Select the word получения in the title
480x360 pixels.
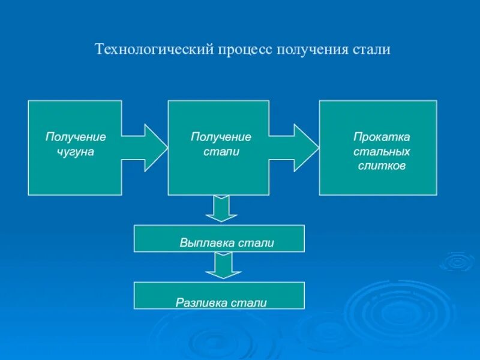click(311, 49)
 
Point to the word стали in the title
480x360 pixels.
click(371, 49)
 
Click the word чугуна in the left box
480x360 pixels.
click(76, 152)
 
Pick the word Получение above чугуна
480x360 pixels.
click(76, 137)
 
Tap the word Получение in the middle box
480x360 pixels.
click(221, 137)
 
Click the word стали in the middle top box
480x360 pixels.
click(221, 152)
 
